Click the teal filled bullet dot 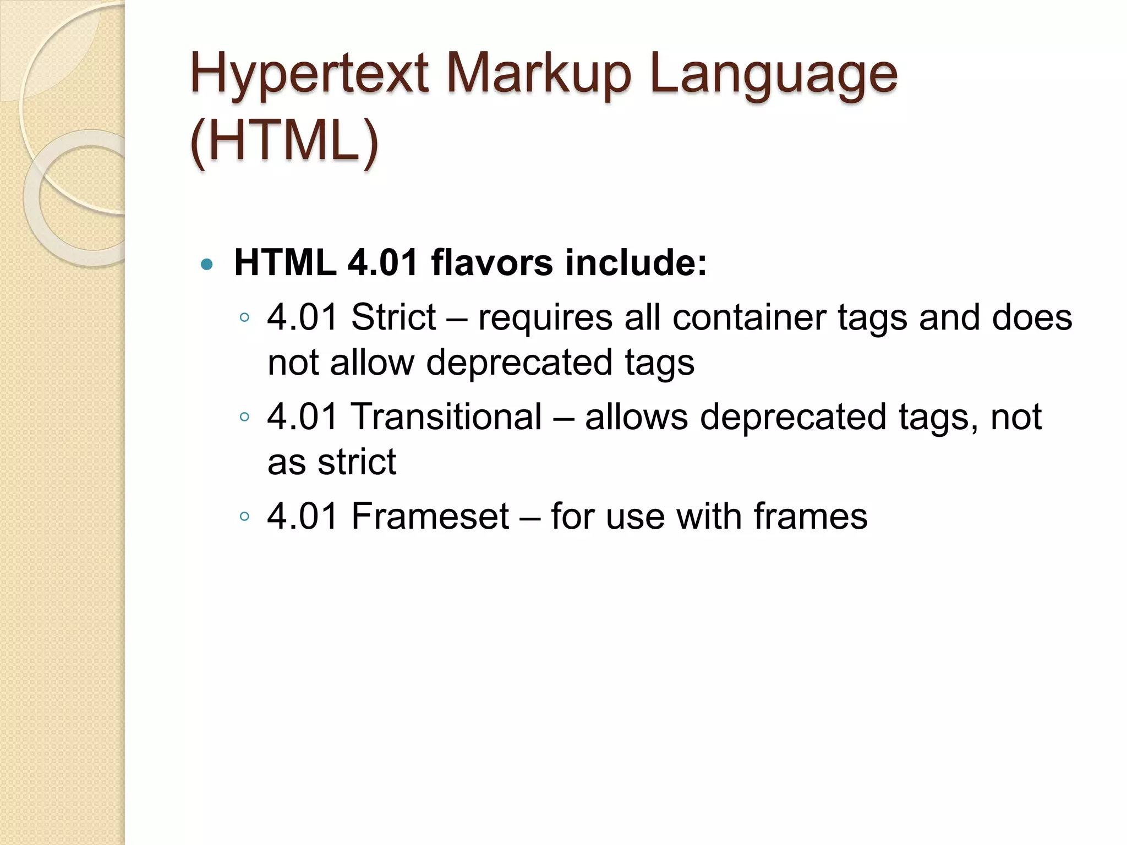(206, 265)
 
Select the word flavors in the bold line (491, 262)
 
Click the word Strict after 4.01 (393, 317)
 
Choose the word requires (545, 317)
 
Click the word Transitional (446, 416)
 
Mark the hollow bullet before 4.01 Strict (245, 317)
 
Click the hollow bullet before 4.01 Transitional (245, 416)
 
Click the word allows (636, 416)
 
